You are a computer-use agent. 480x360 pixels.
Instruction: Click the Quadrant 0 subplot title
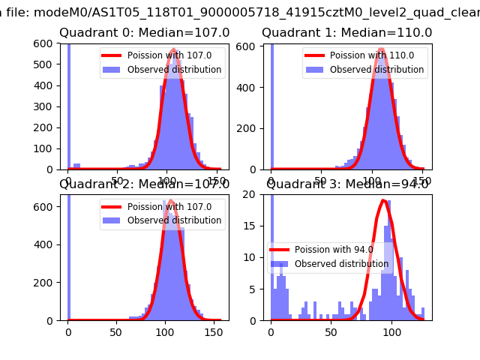click(x=144, y=33)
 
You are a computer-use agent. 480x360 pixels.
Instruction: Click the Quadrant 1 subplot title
click(x=346, y=33)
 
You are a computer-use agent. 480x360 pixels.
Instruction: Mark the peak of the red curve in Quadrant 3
click(x=384, y=200)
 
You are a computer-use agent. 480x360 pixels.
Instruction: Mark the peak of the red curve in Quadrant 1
click(x=382, y=49)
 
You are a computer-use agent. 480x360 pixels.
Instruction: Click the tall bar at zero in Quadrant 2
click(x=68, y=255)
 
